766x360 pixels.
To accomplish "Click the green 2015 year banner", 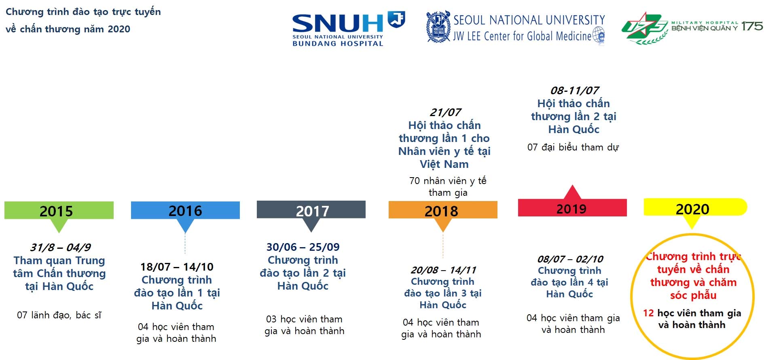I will (x=59, y=210).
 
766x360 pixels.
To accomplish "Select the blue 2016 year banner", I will (x=185, y=210).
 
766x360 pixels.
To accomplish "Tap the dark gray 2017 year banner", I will (x=311, y=210).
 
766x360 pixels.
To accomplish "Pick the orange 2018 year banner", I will (x=443, y=210).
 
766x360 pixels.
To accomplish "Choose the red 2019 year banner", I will (x=572, y=208).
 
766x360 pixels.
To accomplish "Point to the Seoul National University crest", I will (x=438, y=27).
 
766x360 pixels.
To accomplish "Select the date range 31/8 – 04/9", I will (x=60, y=247).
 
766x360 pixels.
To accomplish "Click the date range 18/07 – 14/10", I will (x=177, y=267).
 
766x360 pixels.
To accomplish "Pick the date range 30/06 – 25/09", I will (x=303, y=247).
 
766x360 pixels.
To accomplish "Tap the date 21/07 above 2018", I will (x=445, y=112).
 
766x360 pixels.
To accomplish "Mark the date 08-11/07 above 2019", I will (x=574, y=90).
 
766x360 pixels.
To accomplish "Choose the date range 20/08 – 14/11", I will (x=443, y=270).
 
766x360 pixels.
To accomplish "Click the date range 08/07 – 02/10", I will (x=570, y=259).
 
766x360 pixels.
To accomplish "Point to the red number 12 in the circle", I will (x=648, y=313).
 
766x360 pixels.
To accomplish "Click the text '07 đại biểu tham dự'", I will (x=573, y=147).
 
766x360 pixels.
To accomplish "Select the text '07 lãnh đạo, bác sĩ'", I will (x=59, y=315).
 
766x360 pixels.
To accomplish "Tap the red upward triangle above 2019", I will (x=572, y=193).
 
